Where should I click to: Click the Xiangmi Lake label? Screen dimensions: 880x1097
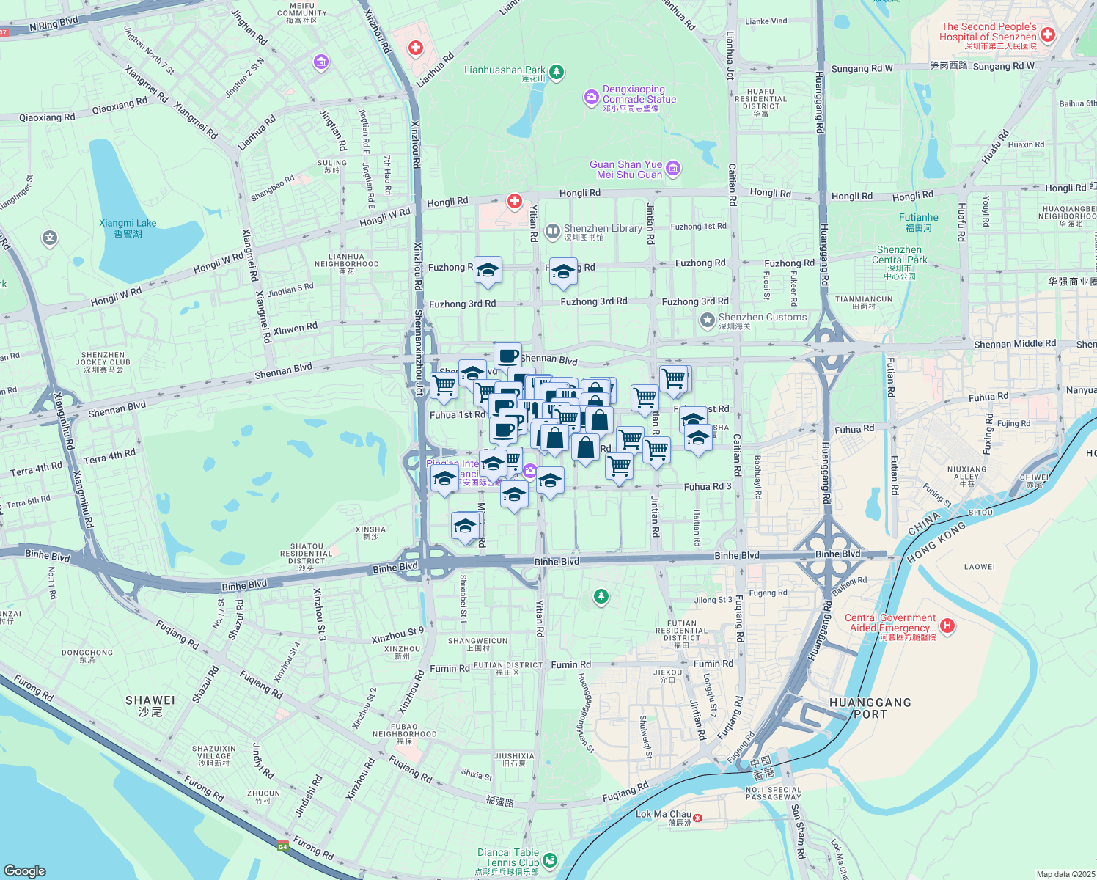coord(128,228)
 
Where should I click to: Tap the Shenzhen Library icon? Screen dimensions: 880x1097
coord(552,232)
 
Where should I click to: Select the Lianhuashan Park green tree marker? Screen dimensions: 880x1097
coord(557,72)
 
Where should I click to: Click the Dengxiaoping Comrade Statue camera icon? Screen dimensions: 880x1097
coord(591,98)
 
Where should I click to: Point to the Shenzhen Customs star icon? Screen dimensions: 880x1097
coord(707,320)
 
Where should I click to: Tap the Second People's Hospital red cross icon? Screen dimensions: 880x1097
coord(1048,34)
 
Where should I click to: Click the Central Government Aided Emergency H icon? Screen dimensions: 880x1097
coord(947,626)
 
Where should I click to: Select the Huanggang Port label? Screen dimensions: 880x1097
coord(870,708)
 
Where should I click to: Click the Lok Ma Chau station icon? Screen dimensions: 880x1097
coord(697,817)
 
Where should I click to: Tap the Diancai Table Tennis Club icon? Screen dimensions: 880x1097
coord(550,859)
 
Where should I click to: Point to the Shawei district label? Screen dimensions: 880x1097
coord(150,705)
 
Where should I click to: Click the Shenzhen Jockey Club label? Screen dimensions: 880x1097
coord(103,362)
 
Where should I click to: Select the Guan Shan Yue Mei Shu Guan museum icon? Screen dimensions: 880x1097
coord(673,169)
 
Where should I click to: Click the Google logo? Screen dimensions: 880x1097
coord(24,870)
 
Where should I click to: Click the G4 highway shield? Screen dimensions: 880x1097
coord(282,846)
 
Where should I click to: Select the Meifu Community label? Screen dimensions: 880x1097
coord(301,12)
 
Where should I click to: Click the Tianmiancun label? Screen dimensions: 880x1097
coord(863,302)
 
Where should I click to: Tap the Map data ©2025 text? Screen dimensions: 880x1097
coord(1065,874)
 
